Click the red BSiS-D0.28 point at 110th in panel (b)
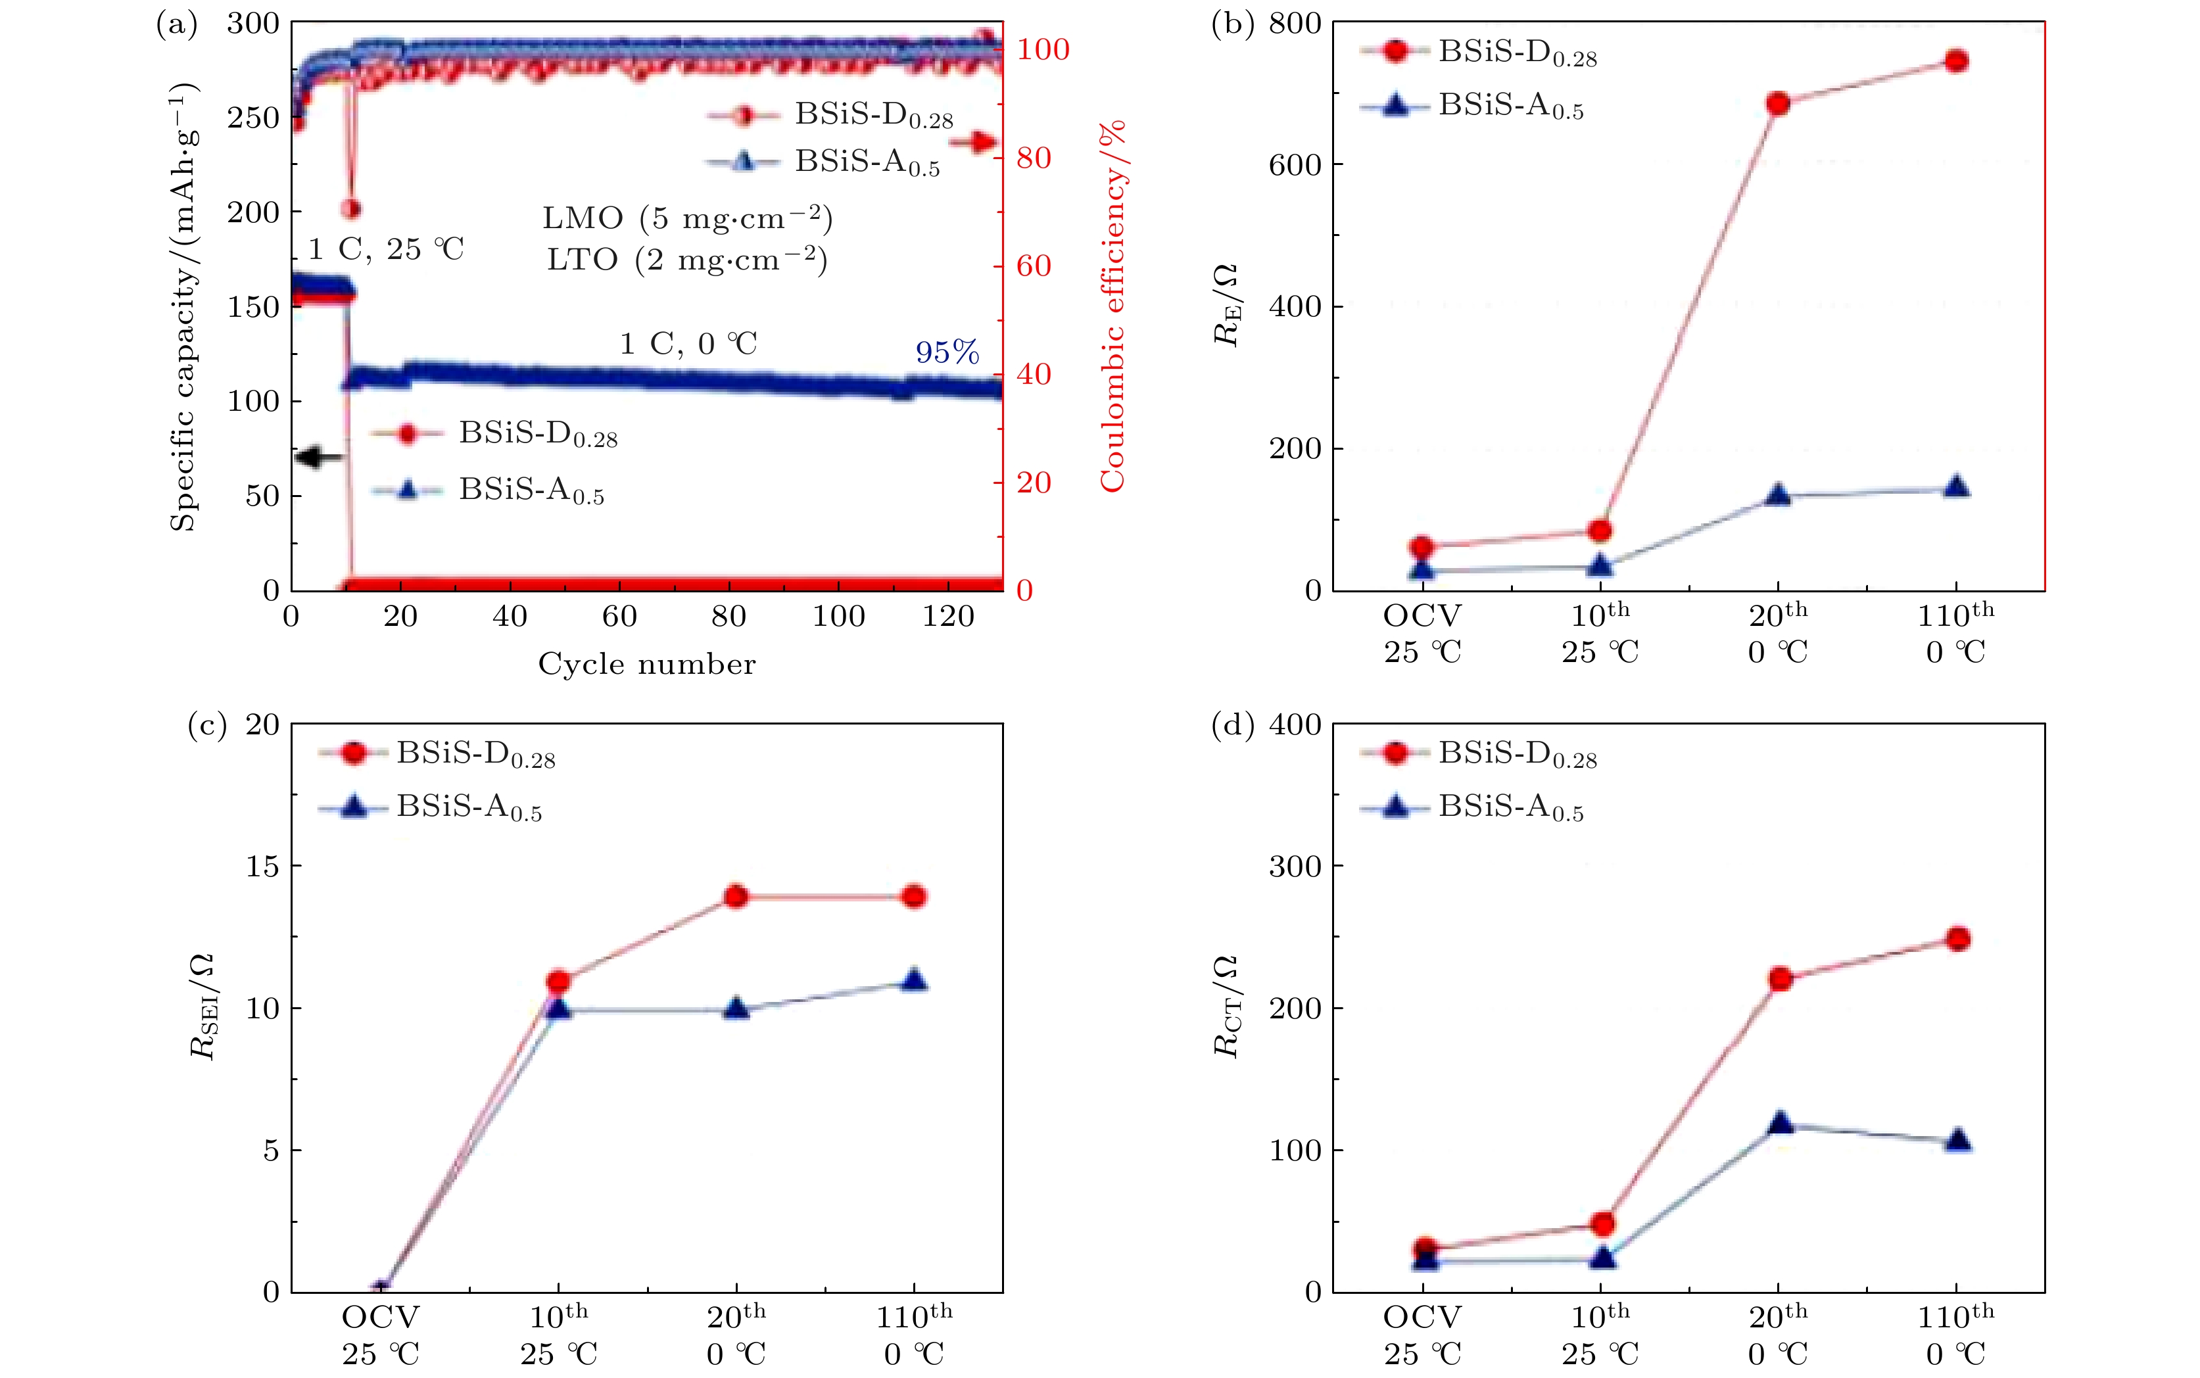coord(1956,61)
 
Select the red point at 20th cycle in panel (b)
coord(1777,103)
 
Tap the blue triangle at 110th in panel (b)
coord(1956,488)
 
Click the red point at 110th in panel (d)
coord(1957,939)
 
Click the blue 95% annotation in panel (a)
coord(947,352)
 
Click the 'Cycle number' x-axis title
coord(646,663)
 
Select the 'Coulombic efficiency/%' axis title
coord(1112,306)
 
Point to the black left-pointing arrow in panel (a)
coord(320,457)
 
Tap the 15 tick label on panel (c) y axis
coord(262,866)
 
